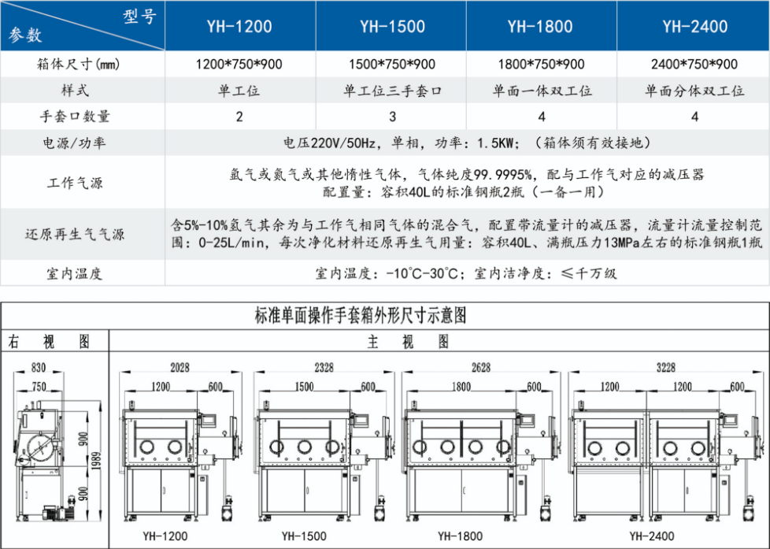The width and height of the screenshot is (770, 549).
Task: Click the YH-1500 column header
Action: (392, 27)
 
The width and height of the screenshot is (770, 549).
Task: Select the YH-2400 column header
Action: (694, 27)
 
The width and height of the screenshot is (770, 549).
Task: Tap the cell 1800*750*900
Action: (541, 65)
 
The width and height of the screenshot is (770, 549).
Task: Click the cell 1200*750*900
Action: (239, 65)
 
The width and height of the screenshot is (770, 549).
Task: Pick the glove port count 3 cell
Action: (392, 117)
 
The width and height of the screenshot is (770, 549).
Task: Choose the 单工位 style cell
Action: (239, 91)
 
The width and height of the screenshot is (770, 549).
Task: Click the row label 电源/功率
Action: (74, 143)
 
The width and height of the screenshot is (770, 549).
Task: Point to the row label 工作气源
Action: (74, 183)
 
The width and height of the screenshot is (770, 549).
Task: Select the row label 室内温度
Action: (74, 274)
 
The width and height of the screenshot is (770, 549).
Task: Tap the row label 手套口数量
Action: (74, 117)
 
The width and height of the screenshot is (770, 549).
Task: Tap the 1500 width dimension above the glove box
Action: (304, 387)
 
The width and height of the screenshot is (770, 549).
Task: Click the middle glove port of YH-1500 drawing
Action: (304, 447)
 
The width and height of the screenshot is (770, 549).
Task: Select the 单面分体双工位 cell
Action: (694, 91)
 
